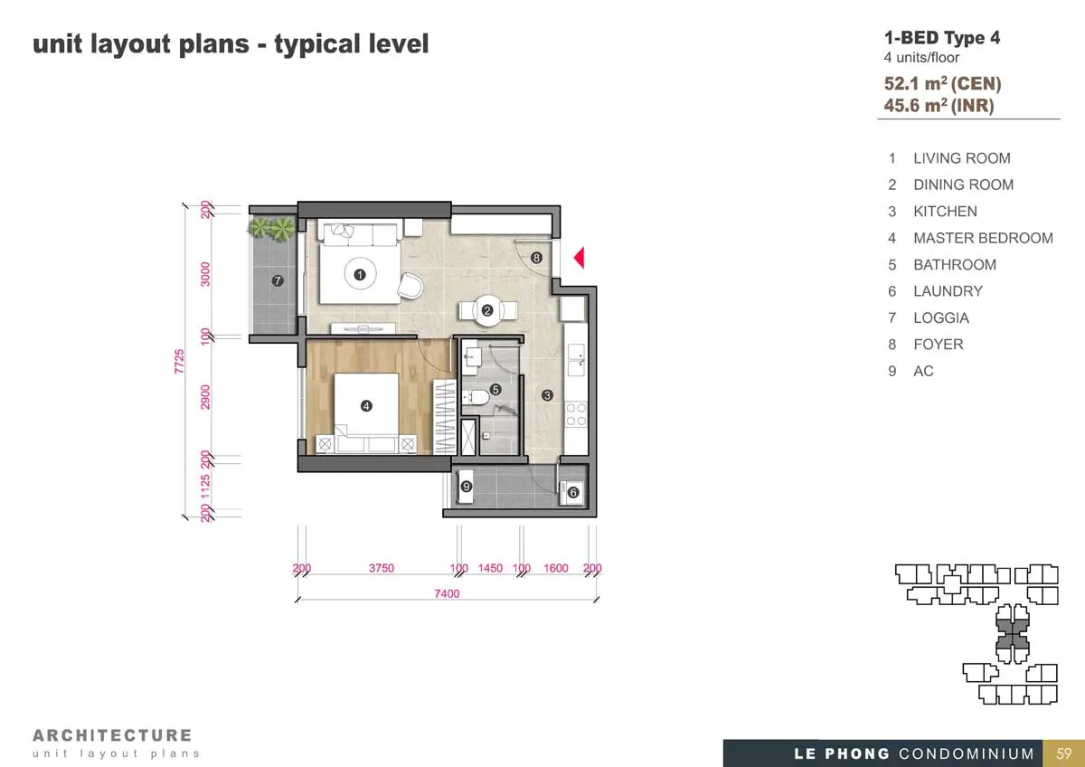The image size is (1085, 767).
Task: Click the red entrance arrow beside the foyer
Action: click(580, 257)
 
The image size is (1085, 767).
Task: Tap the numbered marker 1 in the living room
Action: click(360, 275)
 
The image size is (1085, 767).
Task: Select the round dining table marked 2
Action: click(487, 310)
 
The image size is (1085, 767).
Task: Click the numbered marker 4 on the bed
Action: click(366, 406)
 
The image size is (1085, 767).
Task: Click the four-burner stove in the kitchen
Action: click(576, 414)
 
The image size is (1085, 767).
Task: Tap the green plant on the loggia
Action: click(272, 228)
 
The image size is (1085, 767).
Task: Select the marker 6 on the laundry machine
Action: click(573, 493)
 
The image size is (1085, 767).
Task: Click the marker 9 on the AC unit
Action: click(466, 486)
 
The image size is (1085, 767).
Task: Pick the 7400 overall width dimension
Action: click(447, 593)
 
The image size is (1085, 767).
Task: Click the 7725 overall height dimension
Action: click(179, 362)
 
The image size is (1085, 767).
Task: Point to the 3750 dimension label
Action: click(382, 568)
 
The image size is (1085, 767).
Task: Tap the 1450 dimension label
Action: click(490, 568)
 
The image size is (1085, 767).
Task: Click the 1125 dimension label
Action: click(205, 487)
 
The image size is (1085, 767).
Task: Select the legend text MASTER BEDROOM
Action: click(984, 238)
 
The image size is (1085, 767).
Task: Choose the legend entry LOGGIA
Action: click(941, 317)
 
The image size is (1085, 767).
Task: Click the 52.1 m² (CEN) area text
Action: click(942, 83)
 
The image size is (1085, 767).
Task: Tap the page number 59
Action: click(1064, 753)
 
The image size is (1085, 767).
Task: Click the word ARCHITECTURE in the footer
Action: click(112, 735)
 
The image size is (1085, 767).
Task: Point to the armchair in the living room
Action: click(410, 285)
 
